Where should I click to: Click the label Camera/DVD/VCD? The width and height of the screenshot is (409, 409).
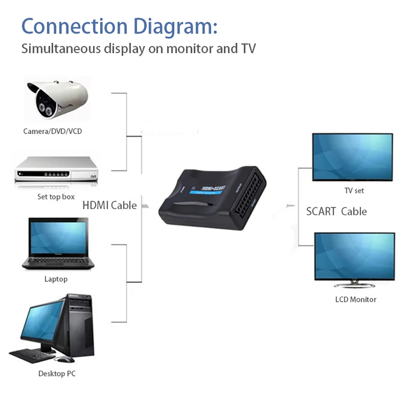55,131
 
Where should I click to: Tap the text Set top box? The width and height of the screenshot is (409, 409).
56,197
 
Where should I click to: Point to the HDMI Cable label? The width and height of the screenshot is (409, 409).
110,205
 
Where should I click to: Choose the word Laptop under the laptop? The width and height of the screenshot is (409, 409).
56,279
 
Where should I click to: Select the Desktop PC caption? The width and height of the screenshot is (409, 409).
57,373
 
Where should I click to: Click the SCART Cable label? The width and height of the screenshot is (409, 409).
336,212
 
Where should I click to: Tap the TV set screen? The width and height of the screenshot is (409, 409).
352,156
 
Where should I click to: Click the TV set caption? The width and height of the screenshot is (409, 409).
354,190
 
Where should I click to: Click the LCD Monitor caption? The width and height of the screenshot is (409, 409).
355,299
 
